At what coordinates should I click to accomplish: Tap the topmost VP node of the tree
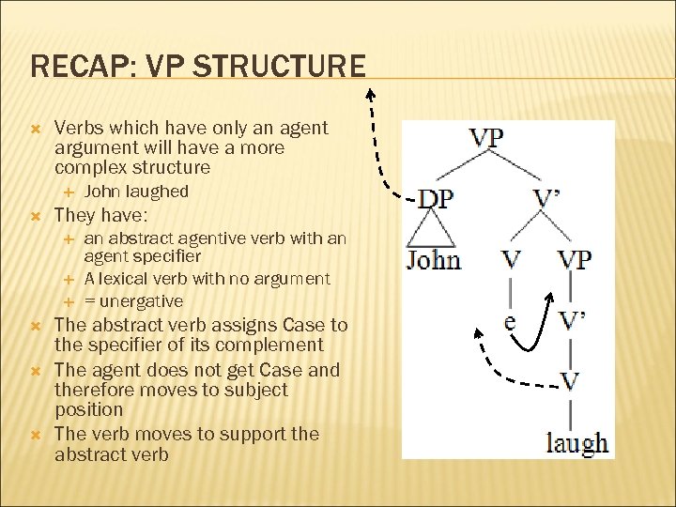(x=485, y=138)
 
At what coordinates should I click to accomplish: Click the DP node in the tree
(x=434, y=199)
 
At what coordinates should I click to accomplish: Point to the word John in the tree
(x=433, y=259)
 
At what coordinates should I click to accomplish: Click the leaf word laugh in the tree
(x=576, y=442)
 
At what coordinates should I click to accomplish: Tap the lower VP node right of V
(x=574, y=259)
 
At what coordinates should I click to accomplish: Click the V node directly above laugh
(x=570, y=380)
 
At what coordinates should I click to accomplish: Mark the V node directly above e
(x=511, y=259)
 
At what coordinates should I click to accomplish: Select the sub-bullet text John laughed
(x=136, y=192)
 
